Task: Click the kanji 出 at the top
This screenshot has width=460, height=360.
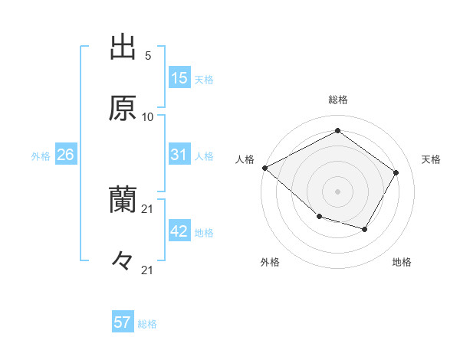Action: click(123, 48)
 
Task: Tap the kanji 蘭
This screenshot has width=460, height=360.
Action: click(123, 201)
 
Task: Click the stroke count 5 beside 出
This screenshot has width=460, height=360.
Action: click(148, 56)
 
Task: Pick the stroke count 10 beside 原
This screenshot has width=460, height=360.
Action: click(148, 116)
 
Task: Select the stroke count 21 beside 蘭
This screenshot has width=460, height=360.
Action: click(148, 208)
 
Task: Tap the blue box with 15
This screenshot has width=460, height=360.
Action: click(179, 78)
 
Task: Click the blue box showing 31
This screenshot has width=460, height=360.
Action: click(179, 155)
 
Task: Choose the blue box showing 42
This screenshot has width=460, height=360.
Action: click(179, 231)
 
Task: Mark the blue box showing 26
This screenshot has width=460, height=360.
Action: click(65, 155)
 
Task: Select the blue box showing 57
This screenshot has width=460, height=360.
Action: click(123, 322)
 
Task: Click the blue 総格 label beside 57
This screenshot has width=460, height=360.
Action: click(147, 324)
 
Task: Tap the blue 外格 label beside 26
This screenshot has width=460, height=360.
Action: click(41, 156)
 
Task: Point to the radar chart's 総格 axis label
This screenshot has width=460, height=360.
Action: click(338, 100)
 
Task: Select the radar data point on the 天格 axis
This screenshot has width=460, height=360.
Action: click(396, 172)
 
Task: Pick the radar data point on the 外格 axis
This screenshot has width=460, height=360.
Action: click(319, 218)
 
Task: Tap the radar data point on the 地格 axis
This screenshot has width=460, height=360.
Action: click(365, 229)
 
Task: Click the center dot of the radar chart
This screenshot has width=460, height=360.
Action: click(337, 191)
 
